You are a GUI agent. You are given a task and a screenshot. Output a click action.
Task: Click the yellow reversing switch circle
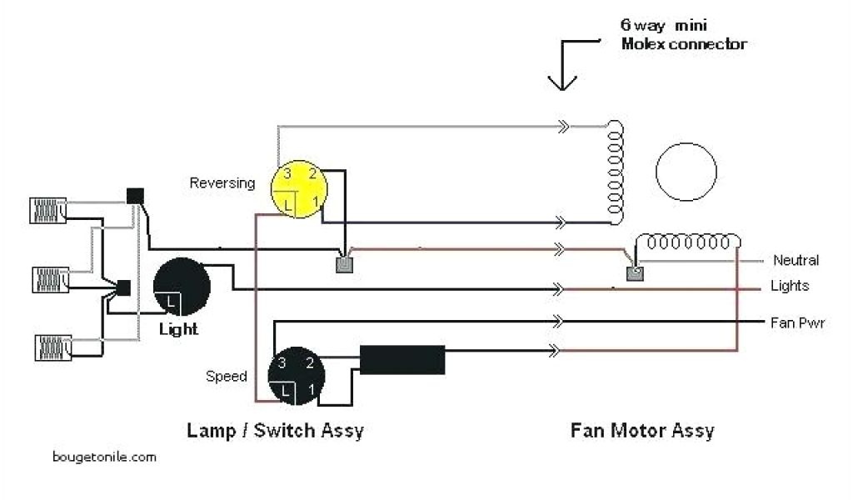[x=299, y=189]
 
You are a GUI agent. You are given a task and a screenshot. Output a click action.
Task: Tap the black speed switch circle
[x=297, y=375]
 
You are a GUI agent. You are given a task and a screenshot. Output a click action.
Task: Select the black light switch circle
[x=182, y=286]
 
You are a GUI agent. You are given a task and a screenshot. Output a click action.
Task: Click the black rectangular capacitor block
[x=402, y=360]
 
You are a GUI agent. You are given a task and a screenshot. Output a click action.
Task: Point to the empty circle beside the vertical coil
[x=686, y=172]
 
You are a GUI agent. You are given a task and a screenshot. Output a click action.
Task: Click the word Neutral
[x=796, y=260]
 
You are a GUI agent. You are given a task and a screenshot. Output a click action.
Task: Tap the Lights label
[x=790, y=286]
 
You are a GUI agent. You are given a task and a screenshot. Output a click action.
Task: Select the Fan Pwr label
[x=797, y=322]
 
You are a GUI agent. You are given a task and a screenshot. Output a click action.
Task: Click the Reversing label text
[x=222, y=183]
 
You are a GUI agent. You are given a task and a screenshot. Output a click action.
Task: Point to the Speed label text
[x=227, y=376]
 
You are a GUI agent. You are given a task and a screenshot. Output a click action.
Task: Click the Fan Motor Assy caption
[x=642, y=431]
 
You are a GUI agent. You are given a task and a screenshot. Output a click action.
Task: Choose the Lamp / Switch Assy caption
[x=275, y=430]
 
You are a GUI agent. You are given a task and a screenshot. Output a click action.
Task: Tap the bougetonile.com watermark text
[x=104, y=457]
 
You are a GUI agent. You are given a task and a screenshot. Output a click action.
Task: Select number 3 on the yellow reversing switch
[x=287, y=173]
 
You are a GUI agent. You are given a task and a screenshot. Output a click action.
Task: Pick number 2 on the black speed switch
[x=310, y=362]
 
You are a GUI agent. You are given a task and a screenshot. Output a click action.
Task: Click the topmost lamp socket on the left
[x=47, y=211]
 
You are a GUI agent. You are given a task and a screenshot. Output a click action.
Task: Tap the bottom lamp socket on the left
[x=53, y=348]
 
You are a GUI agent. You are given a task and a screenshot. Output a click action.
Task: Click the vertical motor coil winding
[x=616, y=172]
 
